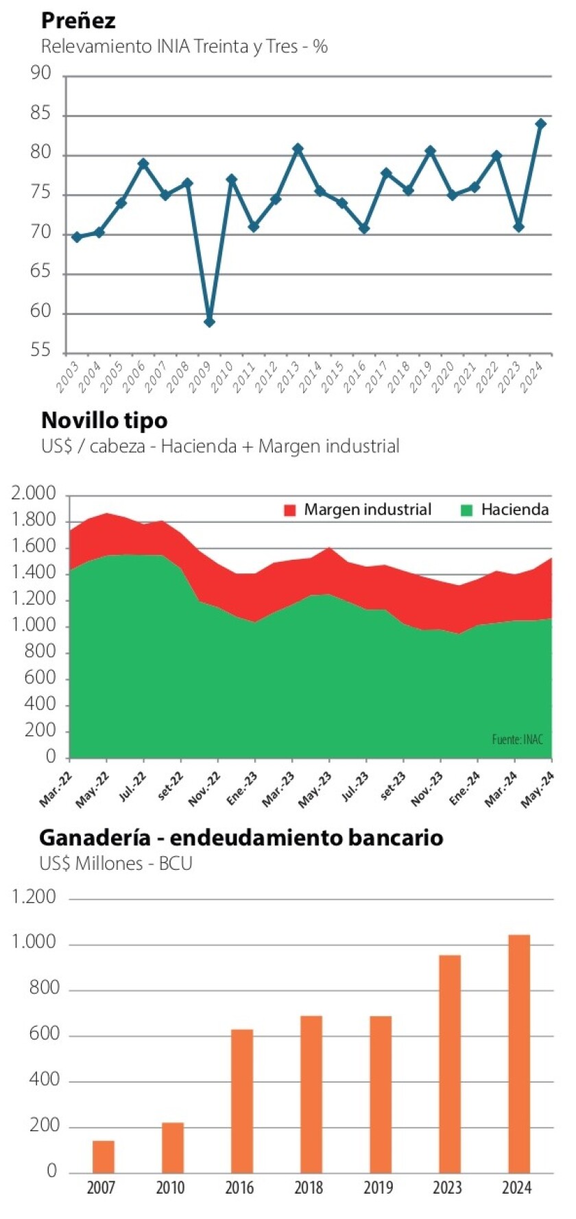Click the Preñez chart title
(x=78, y=21)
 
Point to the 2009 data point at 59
(x=210, y=322)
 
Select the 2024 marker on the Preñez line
(x=540, y=124)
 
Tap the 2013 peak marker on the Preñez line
(x=298, y=149)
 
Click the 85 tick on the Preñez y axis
(x=41, y=113)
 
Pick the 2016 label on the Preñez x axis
(x=355, y=377)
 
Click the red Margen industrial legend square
(x=290, y=510)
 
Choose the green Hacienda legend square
(x=467, y=510)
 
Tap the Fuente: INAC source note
(x=517, y=739)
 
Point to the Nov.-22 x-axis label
(x=204, y=789)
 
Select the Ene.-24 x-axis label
(x=464, y=789)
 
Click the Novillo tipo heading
(x=104, y=420)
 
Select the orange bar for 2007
(x=104, y=1157)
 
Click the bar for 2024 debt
(x=519, y=1054)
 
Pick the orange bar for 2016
(x=242, y=1101)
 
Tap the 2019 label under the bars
(x=378, y=1187)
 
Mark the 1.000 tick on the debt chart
(x=34, y=943)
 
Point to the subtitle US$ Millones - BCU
(x=115, y=863)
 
